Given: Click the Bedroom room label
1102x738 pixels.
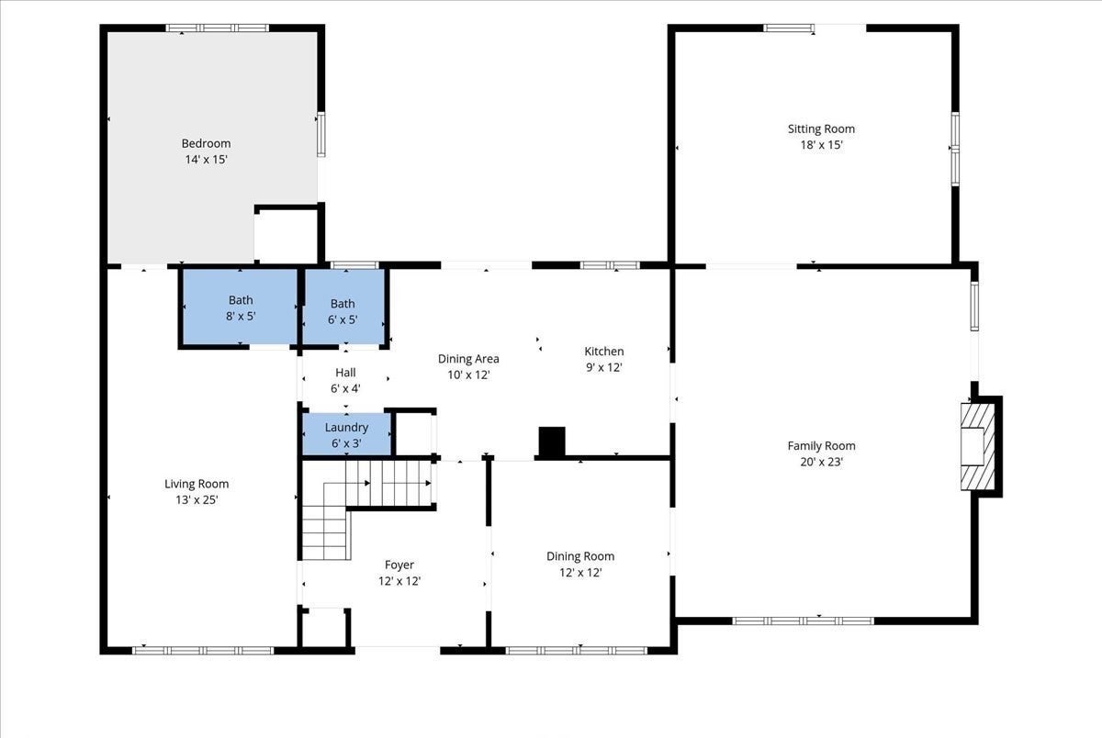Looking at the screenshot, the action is pos(206,143).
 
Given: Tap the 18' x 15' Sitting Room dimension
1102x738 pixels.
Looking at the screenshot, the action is pos(822,145).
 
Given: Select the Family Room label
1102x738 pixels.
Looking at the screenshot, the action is pos(821,446).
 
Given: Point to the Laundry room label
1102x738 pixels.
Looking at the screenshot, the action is pos(346,427).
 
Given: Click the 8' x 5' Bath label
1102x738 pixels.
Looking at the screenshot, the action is pos(241,300).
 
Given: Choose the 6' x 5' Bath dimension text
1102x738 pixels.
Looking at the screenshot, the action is pos(343,319).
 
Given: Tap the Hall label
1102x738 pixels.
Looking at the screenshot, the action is pos(345,373).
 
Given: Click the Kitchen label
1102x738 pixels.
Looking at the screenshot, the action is pos(604,352).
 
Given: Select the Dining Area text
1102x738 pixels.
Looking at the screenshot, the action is pos(468,359).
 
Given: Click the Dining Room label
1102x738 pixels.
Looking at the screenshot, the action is pos(580,556).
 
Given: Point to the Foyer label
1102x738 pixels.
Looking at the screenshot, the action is pos(399,565).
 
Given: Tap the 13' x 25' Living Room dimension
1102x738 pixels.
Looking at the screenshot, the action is pos(197,500).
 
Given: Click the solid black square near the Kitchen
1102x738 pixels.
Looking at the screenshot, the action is pos(552,442).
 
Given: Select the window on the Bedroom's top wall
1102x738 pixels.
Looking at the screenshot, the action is pos(217,28).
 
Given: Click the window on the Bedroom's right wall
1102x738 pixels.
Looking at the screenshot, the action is pos(321,134).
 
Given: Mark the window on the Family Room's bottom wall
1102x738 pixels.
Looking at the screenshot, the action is pos(803,621).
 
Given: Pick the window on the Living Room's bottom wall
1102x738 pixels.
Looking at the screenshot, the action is pos(203,651).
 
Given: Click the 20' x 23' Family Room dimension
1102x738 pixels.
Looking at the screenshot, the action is pos(822,463).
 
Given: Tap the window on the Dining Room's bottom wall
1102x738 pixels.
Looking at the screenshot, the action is pos(577,651).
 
